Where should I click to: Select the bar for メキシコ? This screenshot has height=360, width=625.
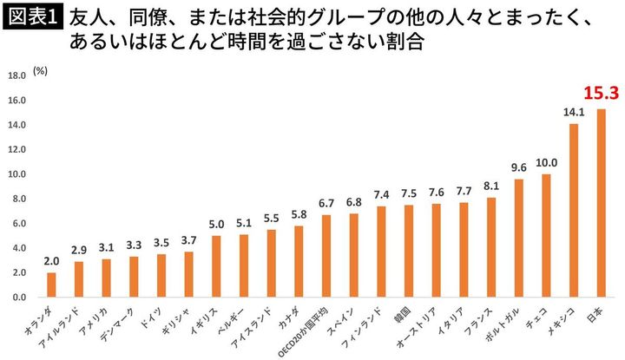(x=574, y=211)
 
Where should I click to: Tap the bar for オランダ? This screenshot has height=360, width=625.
(x=51, y=285)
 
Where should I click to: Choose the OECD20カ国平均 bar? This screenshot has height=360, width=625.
(x=326, y=256)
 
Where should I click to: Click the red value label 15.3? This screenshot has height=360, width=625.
(x=601, y=93)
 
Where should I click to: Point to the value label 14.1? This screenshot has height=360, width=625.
(x=574, y=112)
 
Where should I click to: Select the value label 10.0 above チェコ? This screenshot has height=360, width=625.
(x=546, y=162)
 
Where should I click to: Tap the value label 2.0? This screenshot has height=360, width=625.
(x=51, y=261)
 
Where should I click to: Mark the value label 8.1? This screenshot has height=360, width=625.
(x=491, y=186)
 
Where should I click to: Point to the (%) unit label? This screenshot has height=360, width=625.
(x=41, y=71)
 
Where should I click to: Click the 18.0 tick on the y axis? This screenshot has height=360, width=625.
(x=16, y=76)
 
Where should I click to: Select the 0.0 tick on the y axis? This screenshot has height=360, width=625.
(x=18, y=298)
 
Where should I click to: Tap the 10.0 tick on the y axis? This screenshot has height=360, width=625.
(x=16, y=174)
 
